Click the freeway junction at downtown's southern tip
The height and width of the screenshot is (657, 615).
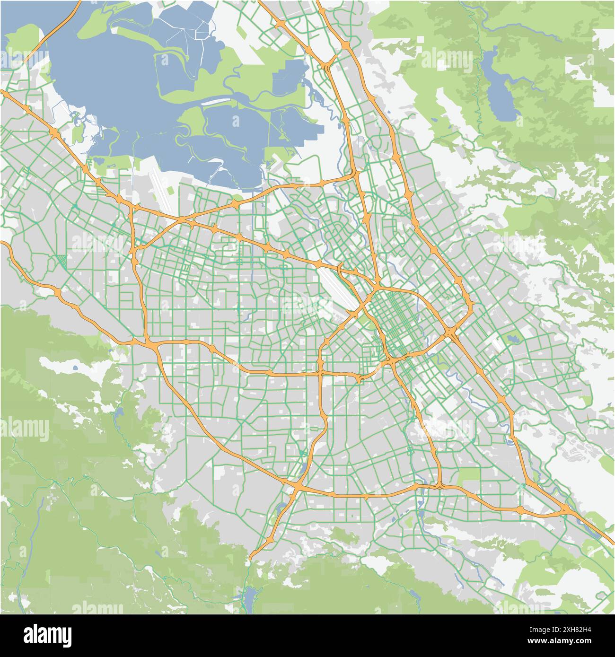[392, 362]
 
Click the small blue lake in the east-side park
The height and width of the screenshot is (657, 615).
[511, 338]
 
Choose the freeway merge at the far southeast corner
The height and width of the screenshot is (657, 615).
[566, 509]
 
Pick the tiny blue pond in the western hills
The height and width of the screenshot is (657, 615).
[75, 367]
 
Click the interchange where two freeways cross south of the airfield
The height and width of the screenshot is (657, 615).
[181, 219]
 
